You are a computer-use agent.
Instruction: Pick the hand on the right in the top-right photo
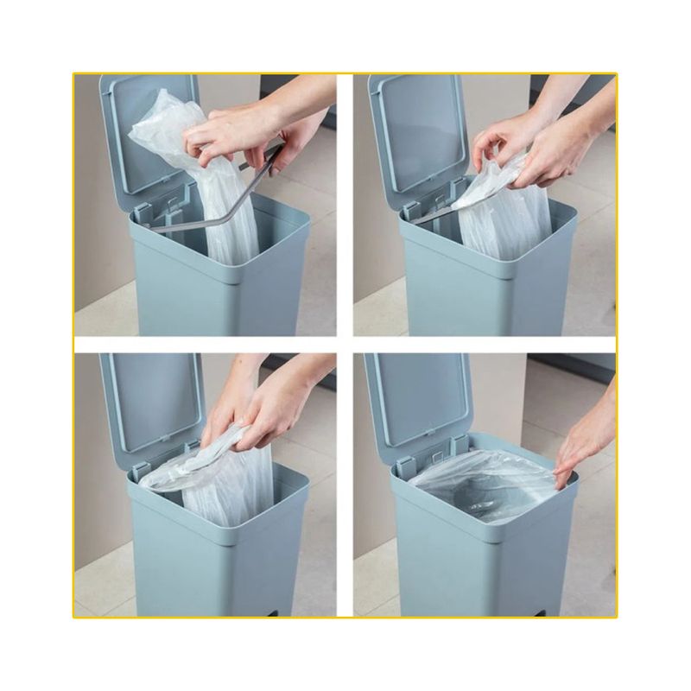[x=561, y=147]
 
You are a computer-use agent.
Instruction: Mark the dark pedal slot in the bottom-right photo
[x=561, y=611]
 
